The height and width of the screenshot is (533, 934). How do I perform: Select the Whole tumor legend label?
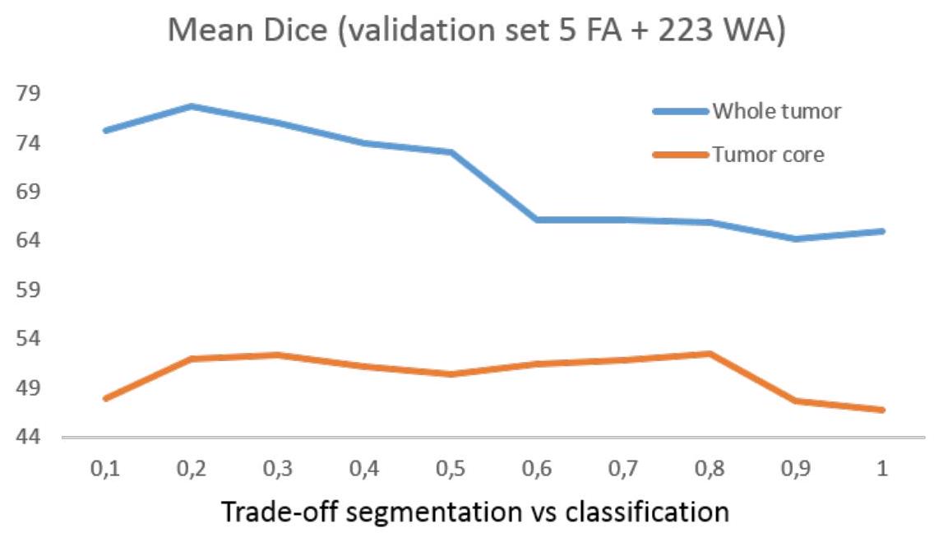776,111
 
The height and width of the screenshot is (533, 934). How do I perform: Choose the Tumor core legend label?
767,154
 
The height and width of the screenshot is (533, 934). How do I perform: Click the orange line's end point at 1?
883,410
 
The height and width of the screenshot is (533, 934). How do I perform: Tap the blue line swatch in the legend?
681,111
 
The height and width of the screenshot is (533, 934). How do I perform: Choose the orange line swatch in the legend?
681,154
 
